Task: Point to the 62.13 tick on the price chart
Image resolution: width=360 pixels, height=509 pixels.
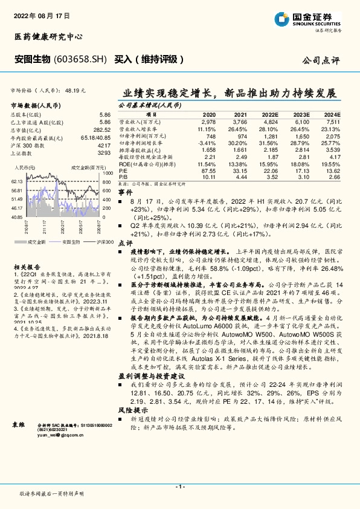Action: (17, 181)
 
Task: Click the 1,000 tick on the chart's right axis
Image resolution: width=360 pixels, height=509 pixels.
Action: (106, 172)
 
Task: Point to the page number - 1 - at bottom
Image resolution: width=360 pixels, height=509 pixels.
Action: (179, 485)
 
